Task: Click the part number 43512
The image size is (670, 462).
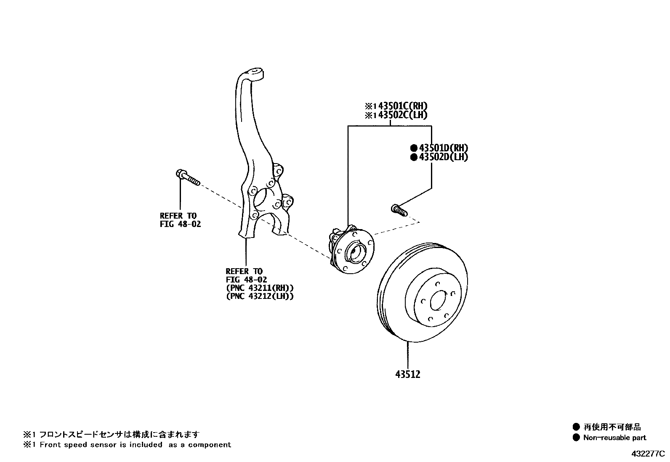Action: click(407, 374)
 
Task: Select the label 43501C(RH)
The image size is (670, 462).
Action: click(399, 106)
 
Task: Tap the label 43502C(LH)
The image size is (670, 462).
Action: click(399, 115)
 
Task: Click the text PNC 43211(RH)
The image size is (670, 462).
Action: click(260, 288)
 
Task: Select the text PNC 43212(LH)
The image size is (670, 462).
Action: click(260, 296)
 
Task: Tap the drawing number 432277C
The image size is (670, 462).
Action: click(647, 454)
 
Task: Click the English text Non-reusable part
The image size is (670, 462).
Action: click(614, 438)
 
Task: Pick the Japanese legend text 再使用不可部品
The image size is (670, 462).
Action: click(612, 427)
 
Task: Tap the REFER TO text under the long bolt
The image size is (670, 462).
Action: click(178, 216)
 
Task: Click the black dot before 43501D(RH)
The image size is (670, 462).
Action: click(414, 148)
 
